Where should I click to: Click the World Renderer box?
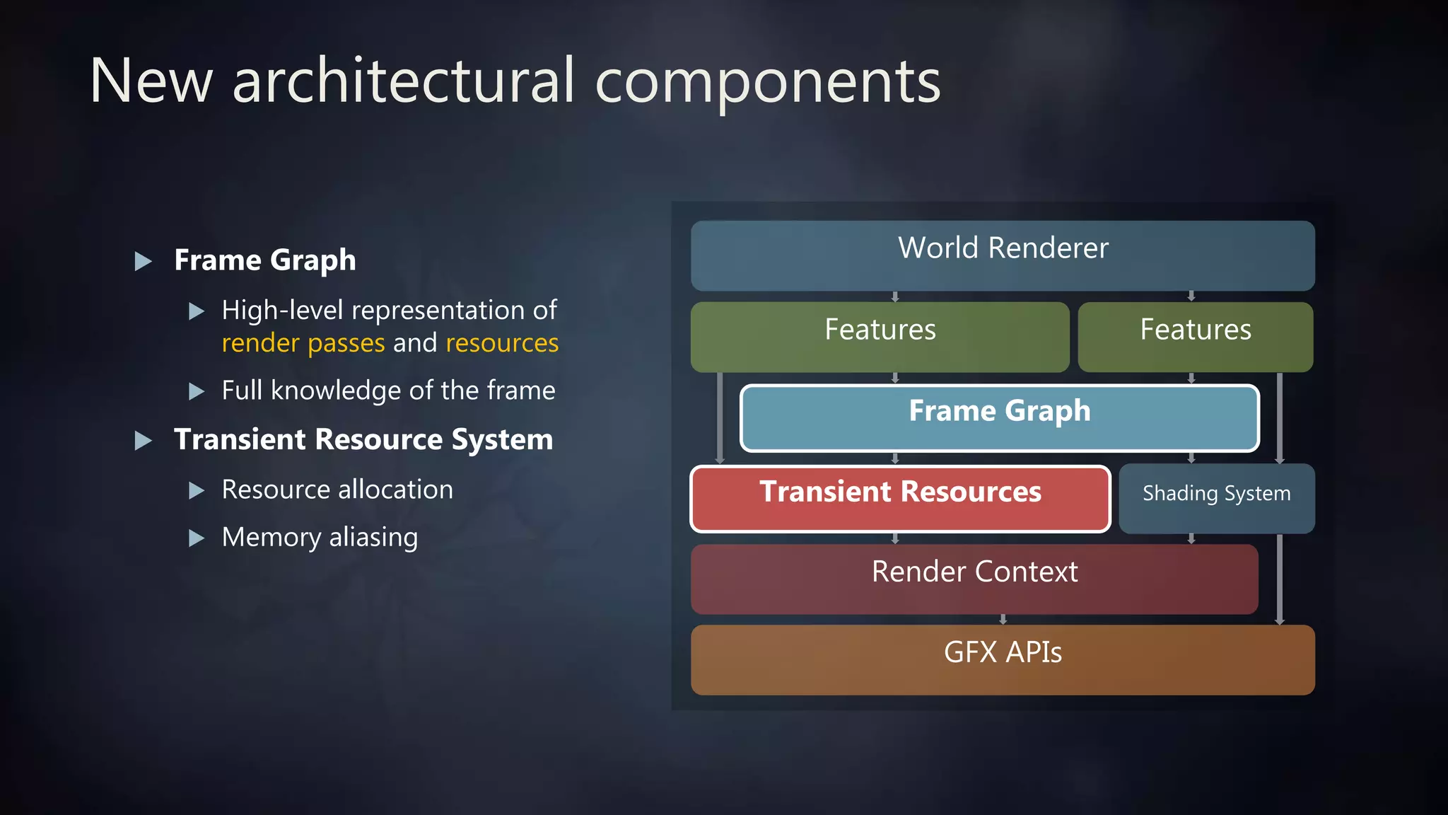(1003, 255)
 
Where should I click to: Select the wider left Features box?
(880, 337)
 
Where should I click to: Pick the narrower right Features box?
(1195, 337)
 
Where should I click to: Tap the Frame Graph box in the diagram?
(999, 417)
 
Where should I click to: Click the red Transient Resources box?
(900, 498)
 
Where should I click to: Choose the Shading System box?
(1216, 498)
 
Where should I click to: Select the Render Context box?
(974, 579)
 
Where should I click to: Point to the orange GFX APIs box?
(1003, 659)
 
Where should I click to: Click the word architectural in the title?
(403, 81)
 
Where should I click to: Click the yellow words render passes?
(303, 344)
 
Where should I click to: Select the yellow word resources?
(502, 344)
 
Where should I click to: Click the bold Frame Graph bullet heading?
(265, 260)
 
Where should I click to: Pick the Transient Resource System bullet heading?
(363, 439)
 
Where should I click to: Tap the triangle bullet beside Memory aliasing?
(197, 538)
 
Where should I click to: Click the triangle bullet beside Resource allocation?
(197, 490)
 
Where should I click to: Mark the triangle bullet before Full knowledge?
(197, 391)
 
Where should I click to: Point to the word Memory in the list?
(271, 538)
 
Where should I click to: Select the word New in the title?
(151, 81)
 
